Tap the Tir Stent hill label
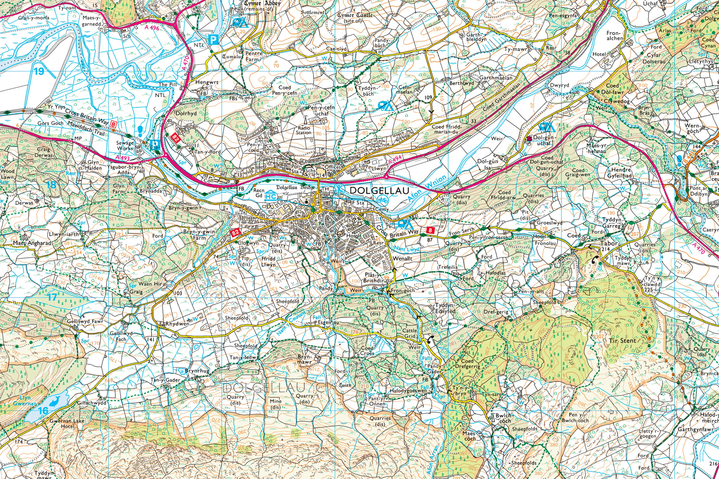pos(622,341)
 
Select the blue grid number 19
pos(39,71)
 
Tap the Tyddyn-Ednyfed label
pos(445,308)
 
